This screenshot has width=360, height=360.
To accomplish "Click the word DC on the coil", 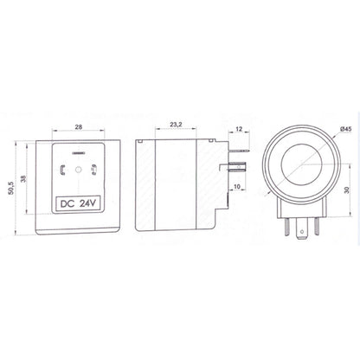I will (67, 205).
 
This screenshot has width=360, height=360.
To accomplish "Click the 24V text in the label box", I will (90, 205).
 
